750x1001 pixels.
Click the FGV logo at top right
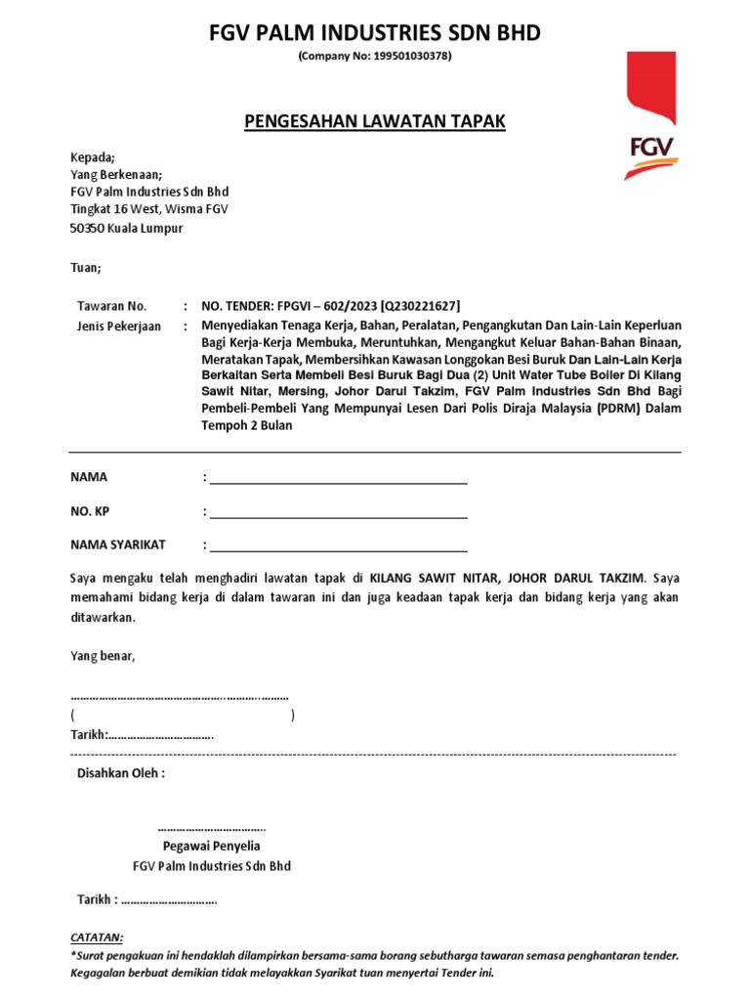650,117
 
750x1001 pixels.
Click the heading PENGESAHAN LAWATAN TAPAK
374,121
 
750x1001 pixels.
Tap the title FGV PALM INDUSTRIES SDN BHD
375,34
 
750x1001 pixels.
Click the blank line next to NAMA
338,479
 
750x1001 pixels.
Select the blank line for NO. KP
338,512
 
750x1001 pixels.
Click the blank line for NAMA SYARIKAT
338,546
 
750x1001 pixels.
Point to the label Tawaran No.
111,306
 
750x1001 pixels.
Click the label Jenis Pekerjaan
119,326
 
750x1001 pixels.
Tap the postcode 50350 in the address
90,228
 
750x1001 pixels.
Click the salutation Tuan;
85,267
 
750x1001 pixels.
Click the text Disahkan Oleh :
121,773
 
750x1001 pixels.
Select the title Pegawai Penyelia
211,846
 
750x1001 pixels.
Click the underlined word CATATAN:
97,936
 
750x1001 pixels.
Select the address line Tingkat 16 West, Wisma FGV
148,210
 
